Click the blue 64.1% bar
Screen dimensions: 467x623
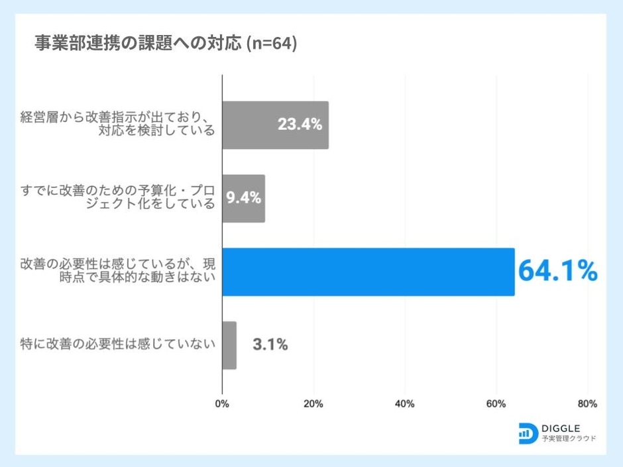[368, 272]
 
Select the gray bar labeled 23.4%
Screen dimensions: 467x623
[252, 125]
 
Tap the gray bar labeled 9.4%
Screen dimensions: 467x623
[232, 198]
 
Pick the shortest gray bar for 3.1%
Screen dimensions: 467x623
[229, 345]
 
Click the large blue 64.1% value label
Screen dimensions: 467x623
[557, 272]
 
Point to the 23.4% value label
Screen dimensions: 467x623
[300, 125]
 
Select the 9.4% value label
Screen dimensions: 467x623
[244, 198]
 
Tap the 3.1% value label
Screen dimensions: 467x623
[270, 345]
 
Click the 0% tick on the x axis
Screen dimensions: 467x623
[223, 403]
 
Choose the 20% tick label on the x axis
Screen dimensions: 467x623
[313, 403]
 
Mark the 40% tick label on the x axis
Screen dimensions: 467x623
[405, 403]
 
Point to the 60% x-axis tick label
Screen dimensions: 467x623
[496, 403]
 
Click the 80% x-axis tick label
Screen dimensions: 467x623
[587, 403]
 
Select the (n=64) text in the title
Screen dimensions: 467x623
[271, 44]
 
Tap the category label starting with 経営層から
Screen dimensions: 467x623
[118, 125]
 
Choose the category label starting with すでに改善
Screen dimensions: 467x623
[118, 198]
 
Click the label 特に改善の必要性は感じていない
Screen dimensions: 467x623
[118, 345]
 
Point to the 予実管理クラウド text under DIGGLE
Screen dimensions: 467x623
[569, 439]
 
